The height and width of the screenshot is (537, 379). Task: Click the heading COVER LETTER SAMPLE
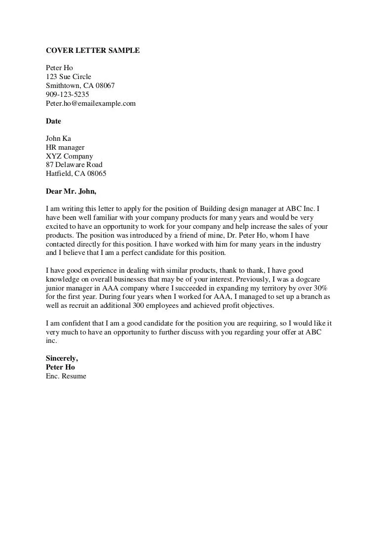click(93, 50)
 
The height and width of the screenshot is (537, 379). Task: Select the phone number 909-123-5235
click(68, 94)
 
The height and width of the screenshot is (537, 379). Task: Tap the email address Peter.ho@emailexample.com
click(90, 103)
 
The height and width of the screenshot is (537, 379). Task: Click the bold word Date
click(53, 121)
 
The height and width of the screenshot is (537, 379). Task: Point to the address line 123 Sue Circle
click(69, 77)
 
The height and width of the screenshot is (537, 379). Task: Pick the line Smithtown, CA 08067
click(80, 85)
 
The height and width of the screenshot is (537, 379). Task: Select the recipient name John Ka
click(58, 138)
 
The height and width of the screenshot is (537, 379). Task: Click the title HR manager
click(65, 147)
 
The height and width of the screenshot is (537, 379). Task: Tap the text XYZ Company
click(69, 156)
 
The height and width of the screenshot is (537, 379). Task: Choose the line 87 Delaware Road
click(74, 165)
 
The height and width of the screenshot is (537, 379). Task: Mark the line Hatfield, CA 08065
click(76, 174)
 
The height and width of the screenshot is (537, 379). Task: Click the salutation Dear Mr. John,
click(71, 191)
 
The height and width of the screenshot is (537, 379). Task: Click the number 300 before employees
click(139, 306)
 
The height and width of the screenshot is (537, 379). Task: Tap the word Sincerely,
click(62, 358)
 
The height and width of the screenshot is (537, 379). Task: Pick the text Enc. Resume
click(66, 376)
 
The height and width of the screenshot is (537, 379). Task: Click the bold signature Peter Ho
click(60, 367)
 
